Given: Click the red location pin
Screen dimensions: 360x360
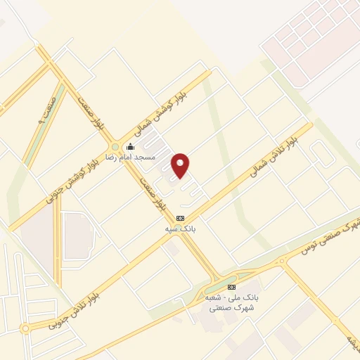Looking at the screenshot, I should [181, 165].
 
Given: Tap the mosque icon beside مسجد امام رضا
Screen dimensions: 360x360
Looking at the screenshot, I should [129, 147].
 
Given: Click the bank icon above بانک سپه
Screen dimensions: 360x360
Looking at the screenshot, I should [180, 219].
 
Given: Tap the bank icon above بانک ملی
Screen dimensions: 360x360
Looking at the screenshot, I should [231, 287].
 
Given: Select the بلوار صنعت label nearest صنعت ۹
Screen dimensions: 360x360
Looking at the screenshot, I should [89, 113].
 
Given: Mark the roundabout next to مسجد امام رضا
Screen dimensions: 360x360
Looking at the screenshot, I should [115, 147].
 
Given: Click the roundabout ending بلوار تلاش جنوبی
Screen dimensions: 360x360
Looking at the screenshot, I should [25, 328].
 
